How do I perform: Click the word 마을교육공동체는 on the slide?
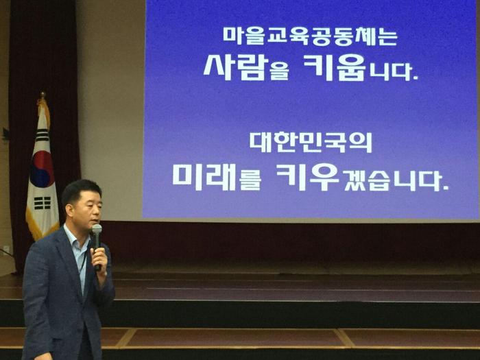(310, 36)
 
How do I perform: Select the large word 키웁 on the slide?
(335, 67)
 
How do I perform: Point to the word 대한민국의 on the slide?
(311, 143)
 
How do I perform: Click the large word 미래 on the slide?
(204, 177)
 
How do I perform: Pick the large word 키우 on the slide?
(307, 177)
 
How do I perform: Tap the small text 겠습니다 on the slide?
(396, 180)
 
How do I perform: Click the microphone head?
(97, 229)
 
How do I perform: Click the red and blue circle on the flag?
(43, 169)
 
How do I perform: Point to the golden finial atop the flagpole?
(43, 95)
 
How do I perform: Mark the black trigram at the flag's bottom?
(43, 203)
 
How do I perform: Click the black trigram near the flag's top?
(42, 135)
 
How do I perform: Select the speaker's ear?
(69, 211)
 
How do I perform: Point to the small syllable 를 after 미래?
(250, 182)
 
